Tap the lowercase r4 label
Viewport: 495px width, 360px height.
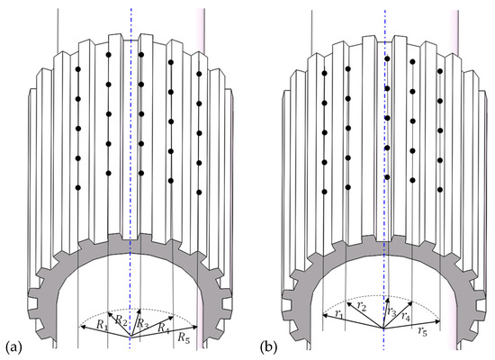pos(409,316)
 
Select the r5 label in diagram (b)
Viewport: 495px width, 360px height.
pos(421,331)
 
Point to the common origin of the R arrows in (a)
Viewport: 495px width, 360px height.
pos(132,335)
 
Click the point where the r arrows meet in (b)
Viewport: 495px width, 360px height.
pos(384,328)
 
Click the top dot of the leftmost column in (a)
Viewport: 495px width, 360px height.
pos(78,68)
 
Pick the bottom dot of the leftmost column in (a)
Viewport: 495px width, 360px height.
pos(78,187)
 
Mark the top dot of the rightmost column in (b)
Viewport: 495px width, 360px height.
pos(440,70)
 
